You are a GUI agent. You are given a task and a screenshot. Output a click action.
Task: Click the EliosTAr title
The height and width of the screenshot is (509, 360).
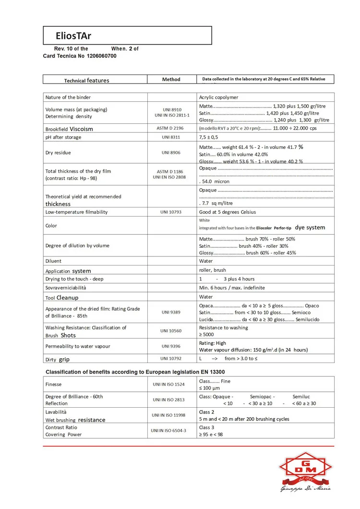pyautogui.click(x=73, y=35)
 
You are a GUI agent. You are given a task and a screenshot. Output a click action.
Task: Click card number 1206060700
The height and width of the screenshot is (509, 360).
pyautogui.click(x=101, y=56)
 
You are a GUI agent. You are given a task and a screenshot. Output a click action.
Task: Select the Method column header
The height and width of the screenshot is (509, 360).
pyautogui.click(x=171, y=79)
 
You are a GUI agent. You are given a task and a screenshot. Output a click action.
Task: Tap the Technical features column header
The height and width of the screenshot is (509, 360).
pyautogui.click(x=86, y=80)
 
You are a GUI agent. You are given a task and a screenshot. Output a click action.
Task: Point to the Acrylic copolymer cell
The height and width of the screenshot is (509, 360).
pyautogui.click(x=218, y=97)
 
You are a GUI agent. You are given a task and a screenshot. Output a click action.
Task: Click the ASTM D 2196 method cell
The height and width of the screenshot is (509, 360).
pyautogui.click(x=171, y=128)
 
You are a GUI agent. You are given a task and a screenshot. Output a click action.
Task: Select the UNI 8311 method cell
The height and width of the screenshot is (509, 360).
pyautogui.click(x=171, y=137)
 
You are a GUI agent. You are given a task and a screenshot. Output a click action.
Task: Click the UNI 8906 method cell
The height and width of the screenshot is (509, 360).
pyautogui.click(x=171, y=153)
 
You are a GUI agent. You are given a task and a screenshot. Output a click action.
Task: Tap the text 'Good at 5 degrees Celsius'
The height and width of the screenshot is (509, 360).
pyautogui.click(x=228, y=212)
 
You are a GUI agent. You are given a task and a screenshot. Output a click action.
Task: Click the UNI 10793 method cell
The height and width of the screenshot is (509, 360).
pyautogui.click(x=171, y=212)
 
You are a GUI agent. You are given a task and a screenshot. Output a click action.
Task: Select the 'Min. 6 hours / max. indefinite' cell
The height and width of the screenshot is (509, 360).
pyautogui.click(x=232, y=288)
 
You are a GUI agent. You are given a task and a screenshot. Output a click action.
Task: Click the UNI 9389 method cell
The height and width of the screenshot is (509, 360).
pyautogui.click(x=171, y=312)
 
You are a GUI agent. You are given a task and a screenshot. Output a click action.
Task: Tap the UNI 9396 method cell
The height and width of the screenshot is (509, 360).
pyautogui.click(x=171, y=346)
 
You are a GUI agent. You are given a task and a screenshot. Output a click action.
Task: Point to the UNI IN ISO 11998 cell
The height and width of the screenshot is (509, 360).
pyautogui.click(x=171, y=415)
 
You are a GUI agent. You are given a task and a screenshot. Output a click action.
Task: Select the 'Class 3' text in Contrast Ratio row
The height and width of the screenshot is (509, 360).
pyautogui.click(x=207, y=427)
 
